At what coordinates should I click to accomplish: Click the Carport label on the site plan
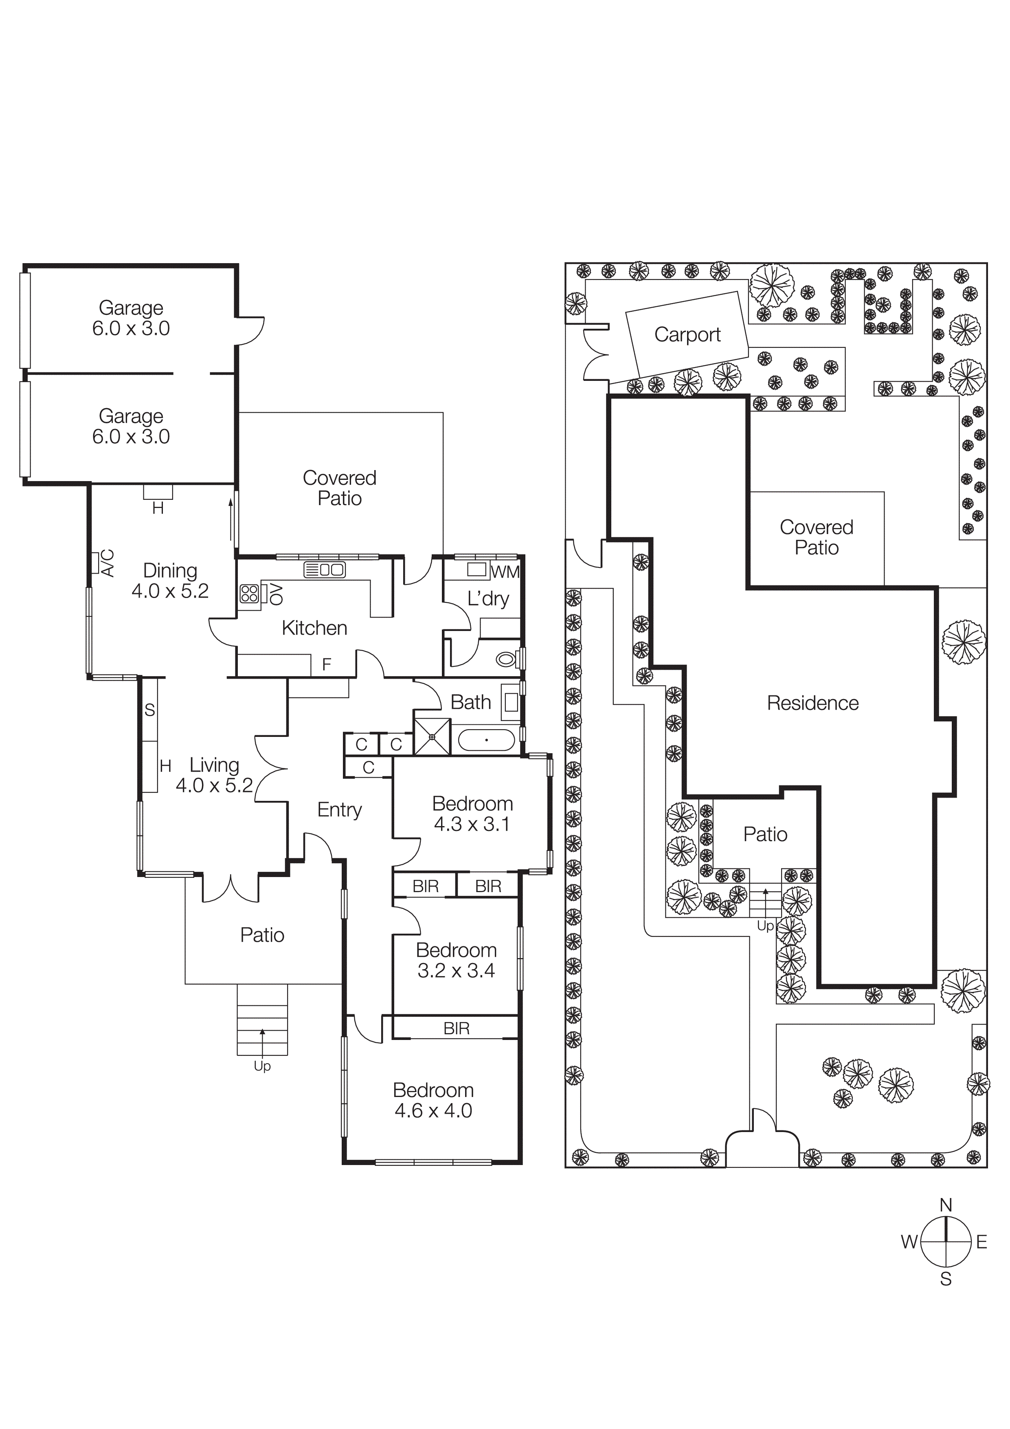(x=687, y=335)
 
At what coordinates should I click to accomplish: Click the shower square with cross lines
(x=432, y=737)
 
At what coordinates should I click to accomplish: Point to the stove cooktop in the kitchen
(x=250, y=594)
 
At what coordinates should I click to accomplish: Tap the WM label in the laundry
(x=505, y=572)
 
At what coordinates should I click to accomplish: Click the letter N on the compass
(x=945, y=1205)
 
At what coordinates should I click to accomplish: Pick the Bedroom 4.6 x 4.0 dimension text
(x=433, y=1111)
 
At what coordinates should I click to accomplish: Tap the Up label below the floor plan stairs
(x=262, y=1066)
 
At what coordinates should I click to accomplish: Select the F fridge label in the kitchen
(x=326, y=665)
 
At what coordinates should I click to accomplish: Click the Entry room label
(x=339, y=810)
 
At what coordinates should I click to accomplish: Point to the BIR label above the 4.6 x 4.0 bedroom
(x=456, y=1029)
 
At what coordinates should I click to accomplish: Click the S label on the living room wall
(x=149, y=710)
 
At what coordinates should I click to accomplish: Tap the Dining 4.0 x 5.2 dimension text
(x=170, y=591)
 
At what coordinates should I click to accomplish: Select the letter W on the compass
(x=909, y=1243)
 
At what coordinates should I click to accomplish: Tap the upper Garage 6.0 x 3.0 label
(x=131, y=318)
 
